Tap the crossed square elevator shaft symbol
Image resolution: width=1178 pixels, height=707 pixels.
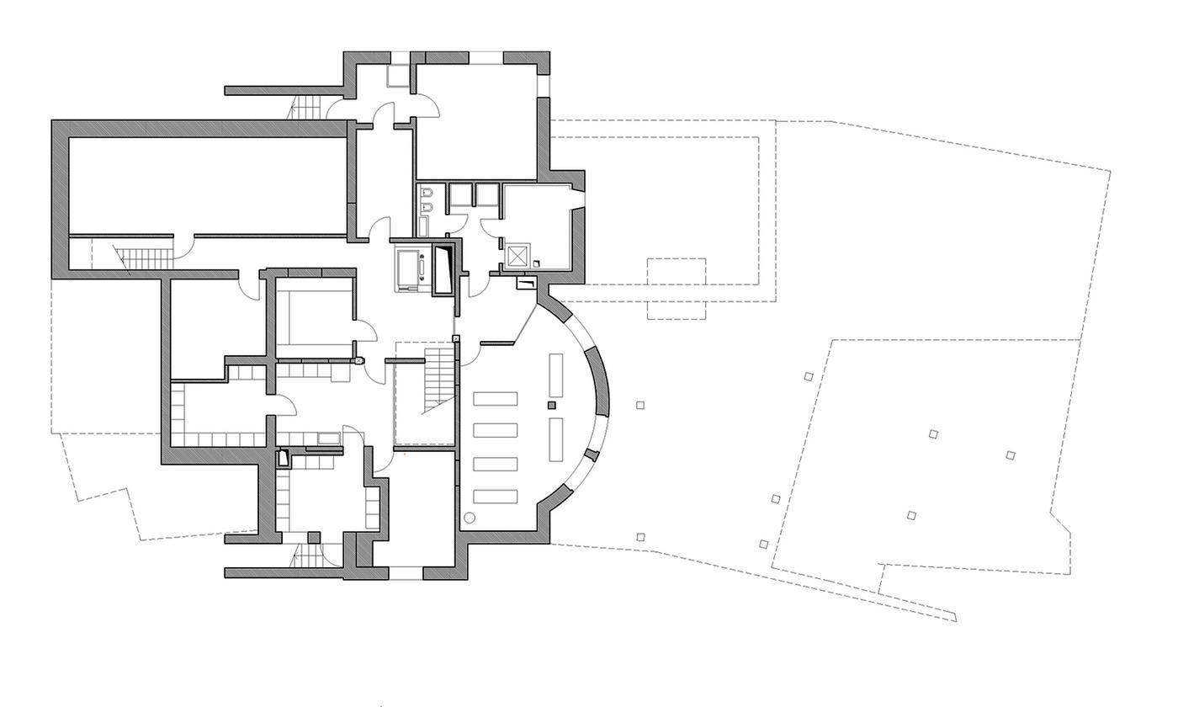point(517,254)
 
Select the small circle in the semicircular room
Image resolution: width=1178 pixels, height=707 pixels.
point(470,518)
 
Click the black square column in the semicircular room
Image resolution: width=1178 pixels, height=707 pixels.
point(552,405)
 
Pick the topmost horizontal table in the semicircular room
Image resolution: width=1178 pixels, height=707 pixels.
point(495,399)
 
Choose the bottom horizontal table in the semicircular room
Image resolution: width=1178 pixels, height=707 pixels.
point(495,497)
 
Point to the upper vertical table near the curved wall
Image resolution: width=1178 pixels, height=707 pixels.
point(556,375)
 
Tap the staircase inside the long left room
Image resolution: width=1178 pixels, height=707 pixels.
point(130,258)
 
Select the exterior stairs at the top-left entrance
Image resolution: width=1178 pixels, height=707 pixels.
point(306,107)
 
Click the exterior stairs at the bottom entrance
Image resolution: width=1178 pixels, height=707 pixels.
point(307,555)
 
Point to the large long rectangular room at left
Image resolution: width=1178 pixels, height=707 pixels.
point(206,185)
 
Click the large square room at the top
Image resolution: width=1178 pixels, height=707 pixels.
point(475,122)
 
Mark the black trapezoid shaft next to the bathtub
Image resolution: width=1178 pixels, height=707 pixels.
point(443,268)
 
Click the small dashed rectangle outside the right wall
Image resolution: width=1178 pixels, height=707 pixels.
point(676,289)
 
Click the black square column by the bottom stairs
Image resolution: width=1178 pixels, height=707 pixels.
point(313,537)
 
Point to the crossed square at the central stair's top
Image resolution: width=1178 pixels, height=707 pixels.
point(456,338)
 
